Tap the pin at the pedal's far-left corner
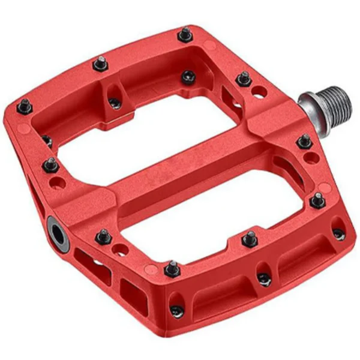(25, 107)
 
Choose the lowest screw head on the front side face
(175, 310)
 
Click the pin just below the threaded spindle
(304, 142)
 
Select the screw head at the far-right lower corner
(338, 234)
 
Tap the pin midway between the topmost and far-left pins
(99, 64)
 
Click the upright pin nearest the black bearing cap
(104, 236)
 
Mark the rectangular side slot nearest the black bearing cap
(87, 264)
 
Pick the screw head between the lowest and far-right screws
(263, 279)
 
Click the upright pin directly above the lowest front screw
(172, 268)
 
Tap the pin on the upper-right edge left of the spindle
(244, 78)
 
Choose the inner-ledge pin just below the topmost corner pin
(188, 77)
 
